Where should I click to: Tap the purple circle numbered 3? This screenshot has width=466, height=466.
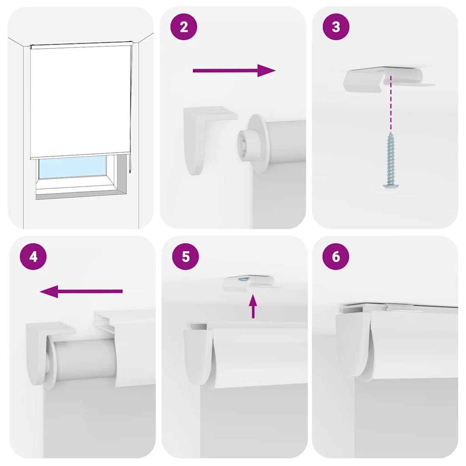tap(336, 27)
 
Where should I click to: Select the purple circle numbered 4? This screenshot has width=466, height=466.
tap(33, 257)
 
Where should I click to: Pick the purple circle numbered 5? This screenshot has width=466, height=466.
tap(185, 257)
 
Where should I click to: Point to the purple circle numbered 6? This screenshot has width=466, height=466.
tap(336, 257)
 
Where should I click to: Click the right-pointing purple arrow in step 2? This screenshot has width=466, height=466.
tap(234, 71)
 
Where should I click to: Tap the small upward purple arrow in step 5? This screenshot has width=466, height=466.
tap(253, 305)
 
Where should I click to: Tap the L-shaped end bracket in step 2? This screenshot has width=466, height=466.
tap(200, 137)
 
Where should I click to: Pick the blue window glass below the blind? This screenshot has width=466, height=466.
tap(73, 167)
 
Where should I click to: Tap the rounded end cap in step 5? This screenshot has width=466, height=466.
tap(198, 355)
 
